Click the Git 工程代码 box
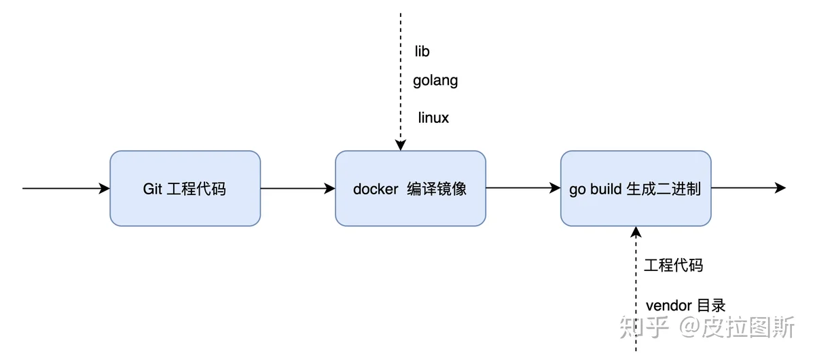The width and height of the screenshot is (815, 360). point(185,188)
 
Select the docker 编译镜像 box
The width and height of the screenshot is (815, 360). point(410,188)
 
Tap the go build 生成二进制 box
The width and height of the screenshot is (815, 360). point(636,188)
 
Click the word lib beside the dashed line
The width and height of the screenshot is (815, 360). point(422,52)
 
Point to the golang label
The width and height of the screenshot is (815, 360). point(435,81)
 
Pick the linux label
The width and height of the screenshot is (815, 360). point(433,118)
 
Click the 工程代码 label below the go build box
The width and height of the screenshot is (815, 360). point(674,265)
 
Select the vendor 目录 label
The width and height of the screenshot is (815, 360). point(685,306)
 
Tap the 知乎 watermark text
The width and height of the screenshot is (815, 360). point(644,327)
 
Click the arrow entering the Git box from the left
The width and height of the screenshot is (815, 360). point(66,188)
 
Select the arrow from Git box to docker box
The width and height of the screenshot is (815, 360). point(298,188)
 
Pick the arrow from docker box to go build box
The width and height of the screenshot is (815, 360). point(523,188)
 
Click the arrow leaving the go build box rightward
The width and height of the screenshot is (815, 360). point(748,188)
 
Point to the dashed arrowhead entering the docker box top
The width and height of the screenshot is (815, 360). point(401,145)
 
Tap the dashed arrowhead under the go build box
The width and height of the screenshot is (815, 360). point(636,232)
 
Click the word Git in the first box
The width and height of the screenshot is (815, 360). point(152,189)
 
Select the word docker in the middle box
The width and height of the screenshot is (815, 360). point(376,189)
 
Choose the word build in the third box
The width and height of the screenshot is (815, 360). point(606,189)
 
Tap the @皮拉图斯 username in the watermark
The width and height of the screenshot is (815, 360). point(736,327)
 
